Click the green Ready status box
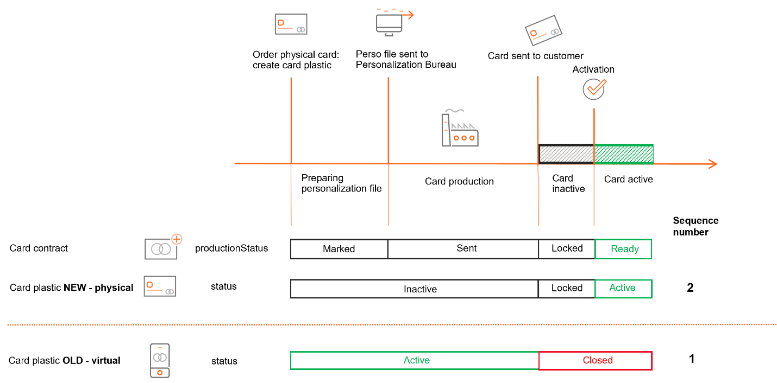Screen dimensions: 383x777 click(x=623, y=249)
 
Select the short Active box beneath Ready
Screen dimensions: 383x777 click(x=623, y=289)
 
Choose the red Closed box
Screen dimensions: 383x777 click(x=596, y=360)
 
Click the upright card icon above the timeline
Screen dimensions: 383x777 click(x=291, y=24)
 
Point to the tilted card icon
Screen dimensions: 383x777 click(x=543, y=30)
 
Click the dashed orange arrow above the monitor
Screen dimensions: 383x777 click(x=395, y=12)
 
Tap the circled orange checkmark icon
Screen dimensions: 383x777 click(x=594, y=88)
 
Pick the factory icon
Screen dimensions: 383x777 click(x=460, y=131)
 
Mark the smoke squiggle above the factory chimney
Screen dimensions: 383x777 click(x=455, y=111)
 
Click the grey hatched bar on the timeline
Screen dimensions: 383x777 click(x=566, y=154)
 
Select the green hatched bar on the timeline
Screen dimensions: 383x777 click(x=624, y=154)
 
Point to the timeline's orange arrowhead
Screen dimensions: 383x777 click(x=713, y=164)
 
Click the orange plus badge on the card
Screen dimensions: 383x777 click(x=177, y=239)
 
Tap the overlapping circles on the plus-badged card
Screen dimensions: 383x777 click(x=160, y=249)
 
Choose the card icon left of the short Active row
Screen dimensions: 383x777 click(x=160, y=286)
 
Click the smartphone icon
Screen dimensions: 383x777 click(x=160, y=360)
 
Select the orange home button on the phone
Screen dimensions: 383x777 click(x=160, y=373)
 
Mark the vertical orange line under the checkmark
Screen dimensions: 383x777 click(x=594, y=190)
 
